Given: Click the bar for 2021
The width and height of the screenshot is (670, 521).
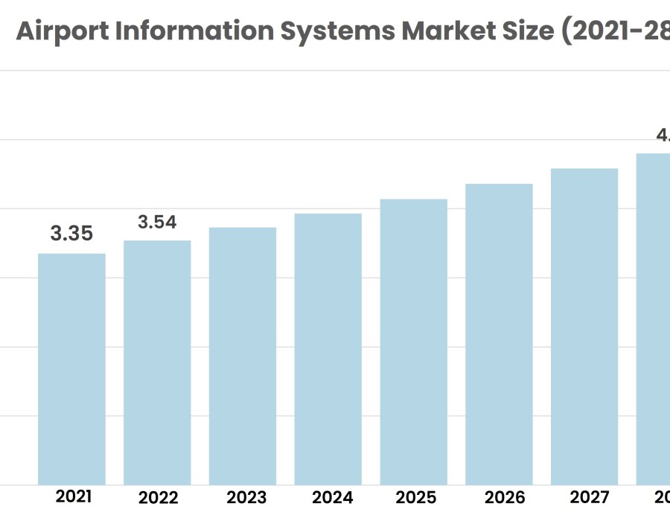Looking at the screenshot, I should [x=71, y=369].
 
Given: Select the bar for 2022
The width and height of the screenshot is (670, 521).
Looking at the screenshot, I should [x=157, y=362].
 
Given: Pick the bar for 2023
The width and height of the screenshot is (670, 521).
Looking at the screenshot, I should [x=243, y=356].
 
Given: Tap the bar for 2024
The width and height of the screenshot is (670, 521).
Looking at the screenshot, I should [x=328, y=349].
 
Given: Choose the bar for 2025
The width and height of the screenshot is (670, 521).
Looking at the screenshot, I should [x=414, y=342].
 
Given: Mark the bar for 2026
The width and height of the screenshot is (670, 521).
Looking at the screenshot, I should [x=499, y=334].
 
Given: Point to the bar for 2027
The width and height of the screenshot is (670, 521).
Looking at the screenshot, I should [x=584, y=327].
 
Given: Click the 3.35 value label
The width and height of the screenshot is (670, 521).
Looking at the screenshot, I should [x=71, y=234].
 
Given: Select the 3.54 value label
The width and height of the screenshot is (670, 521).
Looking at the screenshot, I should [x=157, y=222].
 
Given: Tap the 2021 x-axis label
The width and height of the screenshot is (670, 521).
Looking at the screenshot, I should [x=74, y=496].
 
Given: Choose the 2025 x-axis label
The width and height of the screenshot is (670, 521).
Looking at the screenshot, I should [x=417, y=497].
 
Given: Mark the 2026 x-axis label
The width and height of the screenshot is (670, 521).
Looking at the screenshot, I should [x=504, y=497].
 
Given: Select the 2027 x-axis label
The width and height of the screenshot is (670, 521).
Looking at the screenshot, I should [x=588, y=496].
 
